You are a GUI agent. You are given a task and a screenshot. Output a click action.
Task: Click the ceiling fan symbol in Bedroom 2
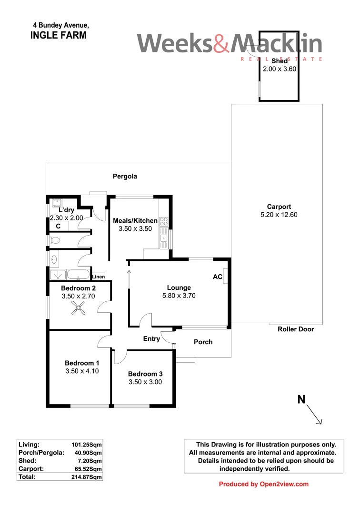(x=78, y=310)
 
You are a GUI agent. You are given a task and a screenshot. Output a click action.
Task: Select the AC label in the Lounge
(x=218, y=277)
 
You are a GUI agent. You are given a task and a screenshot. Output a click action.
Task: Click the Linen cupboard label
(x=98, y=277)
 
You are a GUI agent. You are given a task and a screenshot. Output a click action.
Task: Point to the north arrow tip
(x=322, y=423)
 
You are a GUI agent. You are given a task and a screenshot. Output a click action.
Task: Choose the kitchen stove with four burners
(x=164, y=221)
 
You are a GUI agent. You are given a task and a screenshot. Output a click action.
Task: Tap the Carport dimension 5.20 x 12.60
(x=279, y=215)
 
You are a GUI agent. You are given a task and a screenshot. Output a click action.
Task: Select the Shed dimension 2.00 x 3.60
(x=280, y=69)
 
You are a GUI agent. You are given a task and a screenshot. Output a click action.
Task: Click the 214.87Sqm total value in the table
(x=86, y=476)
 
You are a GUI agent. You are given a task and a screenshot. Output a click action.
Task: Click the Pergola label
(x=125, y=177)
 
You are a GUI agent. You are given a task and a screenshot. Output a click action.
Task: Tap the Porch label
(x=203, y=342)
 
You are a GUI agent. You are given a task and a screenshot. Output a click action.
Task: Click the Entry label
(x=151, y=339)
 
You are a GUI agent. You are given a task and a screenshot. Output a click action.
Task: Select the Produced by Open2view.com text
(x=263, y=484)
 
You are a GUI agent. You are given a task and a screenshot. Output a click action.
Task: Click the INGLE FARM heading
(x=58, y=35)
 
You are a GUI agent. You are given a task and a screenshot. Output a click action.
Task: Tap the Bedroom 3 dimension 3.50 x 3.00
(x=145, y=382)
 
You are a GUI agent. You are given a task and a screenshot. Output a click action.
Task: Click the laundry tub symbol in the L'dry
(x=57, y=202)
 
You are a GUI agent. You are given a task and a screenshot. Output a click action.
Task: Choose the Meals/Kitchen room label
(x=135, y=221)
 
